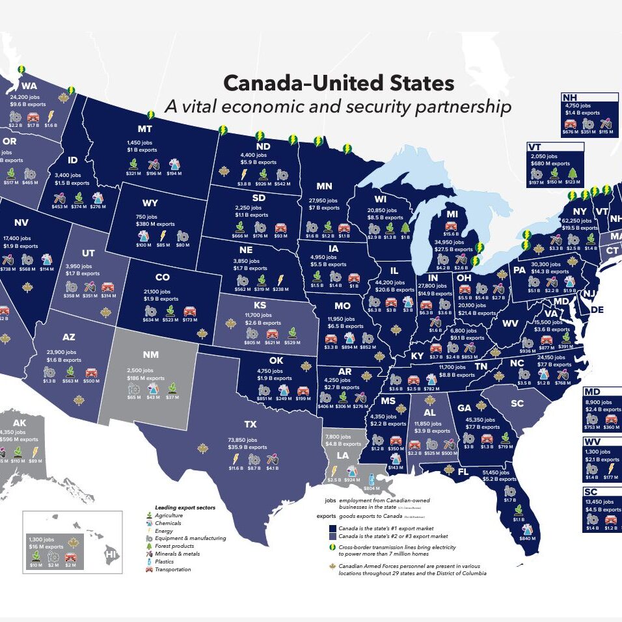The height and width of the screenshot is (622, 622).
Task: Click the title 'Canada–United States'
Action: pyautogui.click(x=338, y=83)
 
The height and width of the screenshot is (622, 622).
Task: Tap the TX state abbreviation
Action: pyautogui.click(x=250, y=425)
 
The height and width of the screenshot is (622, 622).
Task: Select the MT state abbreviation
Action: pyautogui.click(x=145, y=129)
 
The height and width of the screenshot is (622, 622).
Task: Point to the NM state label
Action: pyautogui.click(x=150, y=355)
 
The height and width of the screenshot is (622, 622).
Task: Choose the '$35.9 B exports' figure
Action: pyautogui.click(x=249, y=448)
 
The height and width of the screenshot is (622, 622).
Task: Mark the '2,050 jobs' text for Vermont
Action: pyautogui.click(x=543, y=157)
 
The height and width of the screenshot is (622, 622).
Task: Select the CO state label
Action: pyautogui.click(x=163, y=278)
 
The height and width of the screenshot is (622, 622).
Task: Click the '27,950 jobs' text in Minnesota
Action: pyautogui.click(x=323, y=200)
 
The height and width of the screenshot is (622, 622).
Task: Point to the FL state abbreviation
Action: pyautogui.click(x=464, y=472)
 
